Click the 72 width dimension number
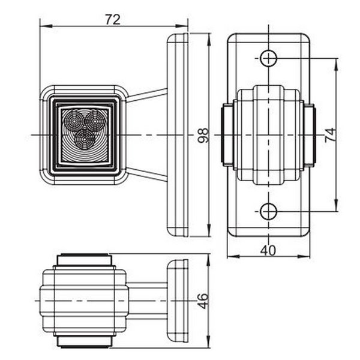point(112,19)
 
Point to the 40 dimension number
point(268,250)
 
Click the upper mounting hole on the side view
point(268,58)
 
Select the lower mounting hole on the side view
point(268,211)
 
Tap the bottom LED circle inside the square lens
point(86,139)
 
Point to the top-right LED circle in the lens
point(94,122)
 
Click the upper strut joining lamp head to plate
point(147,95)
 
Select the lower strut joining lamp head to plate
point(147,175)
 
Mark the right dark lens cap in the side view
point(309,134)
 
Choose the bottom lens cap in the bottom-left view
point(83,341)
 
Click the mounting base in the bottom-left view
point(178,301)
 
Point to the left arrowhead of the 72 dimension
point(43,26)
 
